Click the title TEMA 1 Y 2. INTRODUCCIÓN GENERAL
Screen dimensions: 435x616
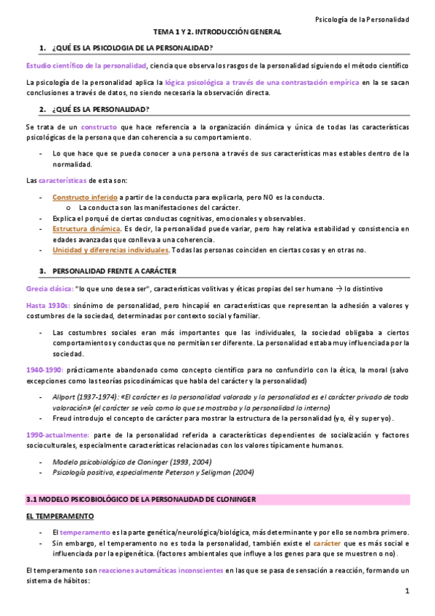tap(216, 33)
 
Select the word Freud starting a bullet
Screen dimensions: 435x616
tap(62, 418)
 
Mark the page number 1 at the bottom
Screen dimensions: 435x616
tap(407, 593)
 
